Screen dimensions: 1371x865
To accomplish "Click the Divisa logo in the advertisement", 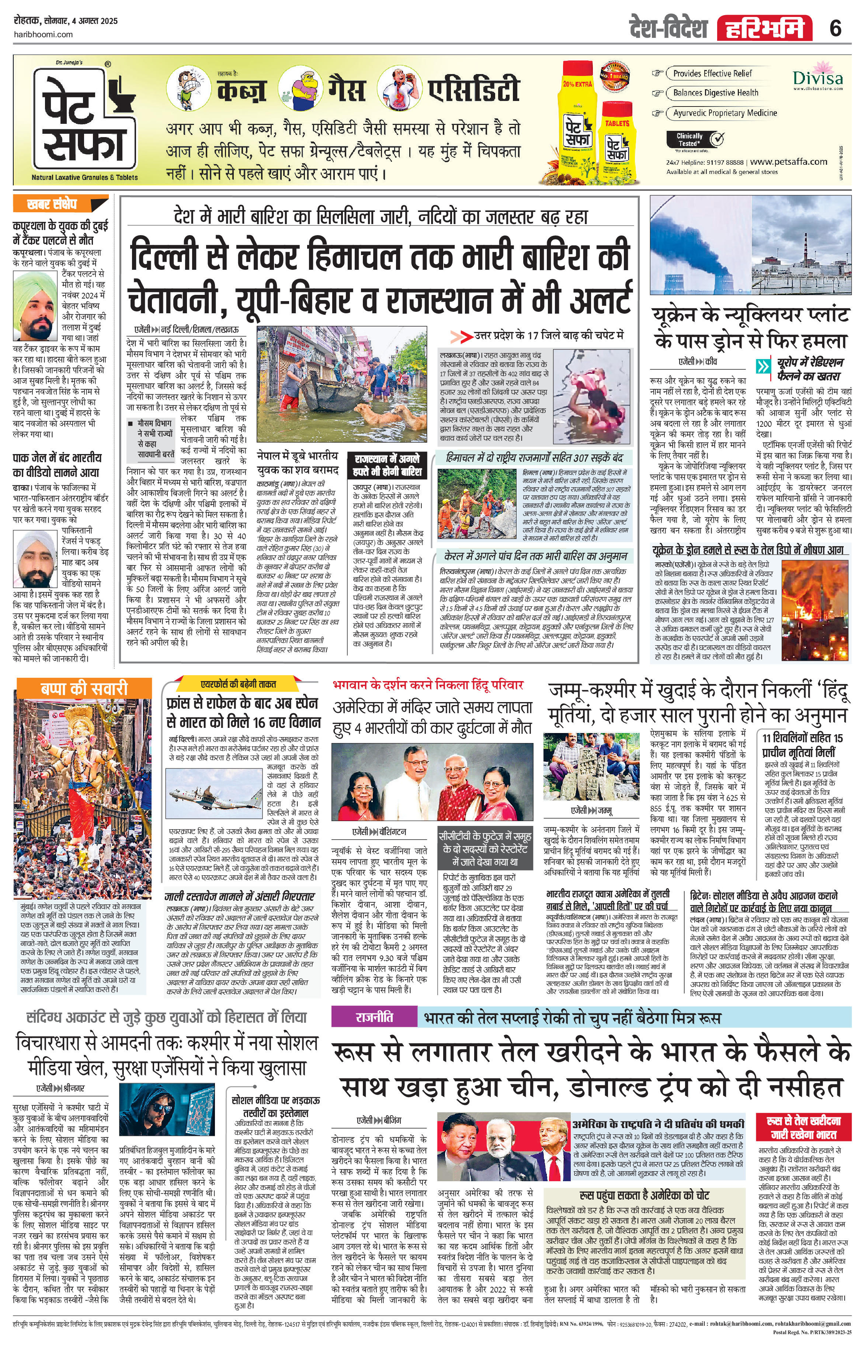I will click(817, 80).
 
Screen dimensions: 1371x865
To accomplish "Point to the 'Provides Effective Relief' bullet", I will click(712, 73).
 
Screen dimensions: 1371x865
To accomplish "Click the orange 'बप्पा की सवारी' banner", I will click(84, 689).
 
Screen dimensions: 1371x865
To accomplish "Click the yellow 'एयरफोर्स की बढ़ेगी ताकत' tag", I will click(239, 684).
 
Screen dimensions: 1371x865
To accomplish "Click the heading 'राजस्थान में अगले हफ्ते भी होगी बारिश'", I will click(387, 465).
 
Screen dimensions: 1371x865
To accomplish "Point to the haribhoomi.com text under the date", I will click(43, 34).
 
